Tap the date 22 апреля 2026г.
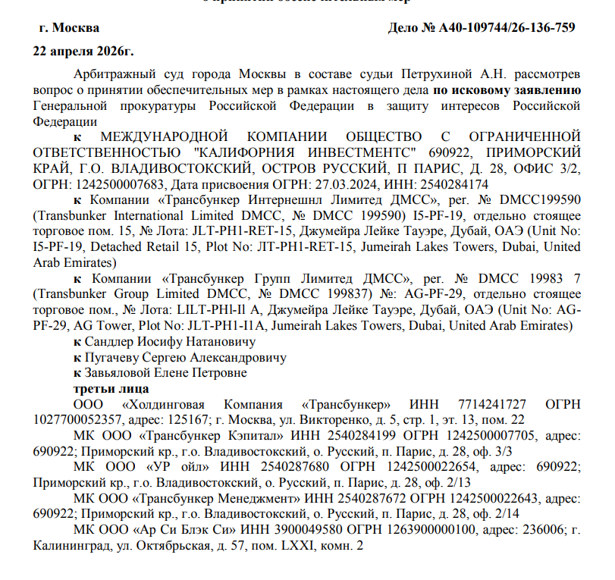tap(83, 52)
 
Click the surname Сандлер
tap(111, 342)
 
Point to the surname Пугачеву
tap(114, 358)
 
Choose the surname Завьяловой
tap(121, 374)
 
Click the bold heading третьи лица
tap(104, 389)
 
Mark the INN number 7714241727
tap(497, 405)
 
